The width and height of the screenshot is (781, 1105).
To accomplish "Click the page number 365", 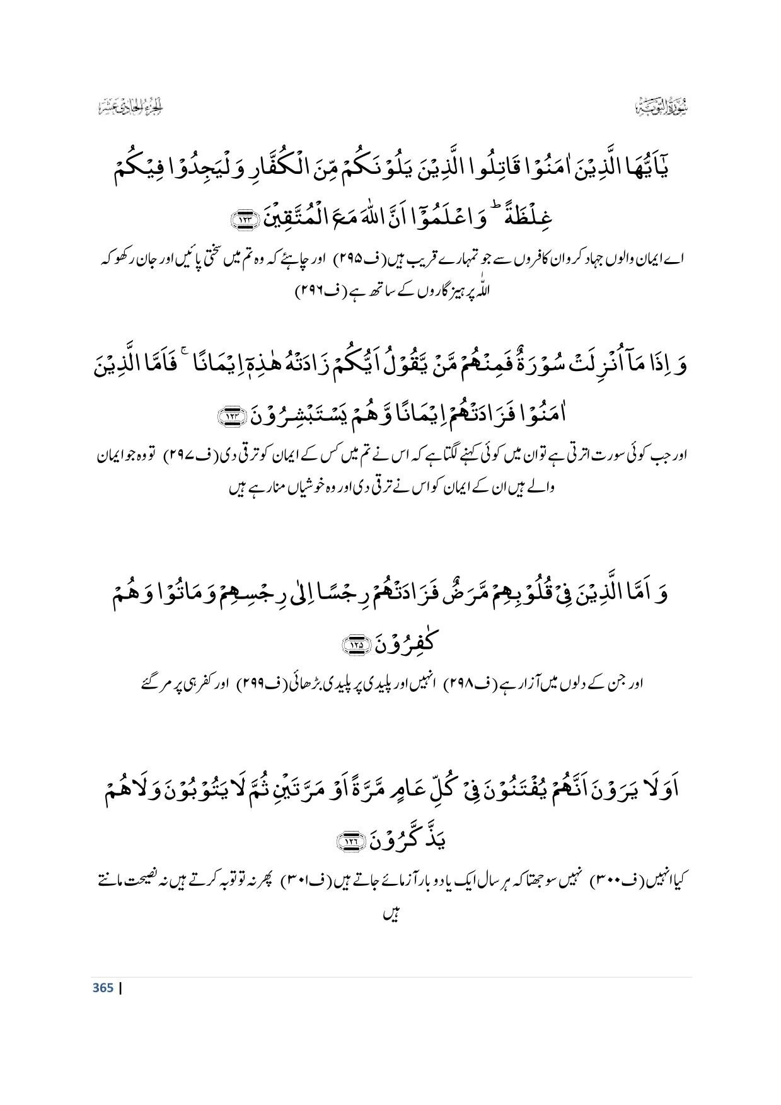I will click(103, 988).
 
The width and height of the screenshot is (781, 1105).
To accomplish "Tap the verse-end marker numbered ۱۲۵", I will click(346, 644).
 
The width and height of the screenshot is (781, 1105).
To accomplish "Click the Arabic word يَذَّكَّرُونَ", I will click(398, 839).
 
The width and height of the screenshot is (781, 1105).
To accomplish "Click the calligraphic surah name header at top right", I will click(661, 107).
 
